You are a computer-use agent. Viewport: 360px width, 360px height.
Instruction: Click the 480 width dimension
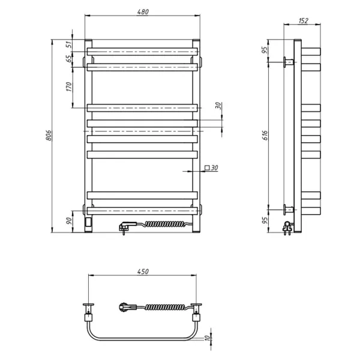pyautogui.click(x=143, y=11)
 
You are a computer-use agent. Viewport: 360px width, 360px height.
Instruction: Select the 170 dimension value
pyautogui.click(x=68, y=87)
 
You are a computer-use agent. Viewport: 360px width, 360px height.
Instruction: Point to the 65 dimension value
pyautogui.click(x=68, y=58)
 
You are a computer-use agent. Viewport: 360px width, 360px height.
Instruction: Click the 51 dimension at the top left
pyautogui.click(x=68, y=44)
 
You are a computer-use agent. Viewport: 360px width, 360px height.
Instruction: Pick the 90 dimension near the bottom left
pyautogui.click(x=68, y=221)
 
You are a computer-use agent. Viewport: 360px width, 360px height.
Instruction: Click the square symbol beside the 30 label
pyautogui.click(x=207, y=169)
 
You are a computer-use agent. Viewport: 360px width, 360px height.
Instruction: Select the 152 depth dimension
pyautogui.click(x=303, y=21)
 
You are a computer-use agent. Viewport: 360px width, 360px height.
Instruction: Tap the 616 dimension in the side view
pyautogui.click(x=265, y=137)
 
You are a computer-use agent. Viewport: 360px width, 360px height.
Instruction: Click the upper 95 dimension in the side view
pyautogui.click(x=265, y=50)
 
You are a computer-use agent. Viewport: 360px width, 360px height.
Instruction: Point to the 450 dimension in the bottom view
pyautogui.click(x=143, y=271)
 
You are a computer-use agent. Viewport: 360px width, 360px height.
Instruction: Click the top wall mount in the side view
pyautogui.click(x=289, y=61)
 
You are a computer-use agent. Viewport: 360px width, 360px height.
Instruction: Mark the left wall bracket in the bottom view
pyautogui.click(x=89, y=311)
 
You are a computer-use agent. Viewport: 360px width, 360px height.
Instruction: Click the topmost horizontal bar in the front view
pyautogui.click(x=143, y=51)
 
